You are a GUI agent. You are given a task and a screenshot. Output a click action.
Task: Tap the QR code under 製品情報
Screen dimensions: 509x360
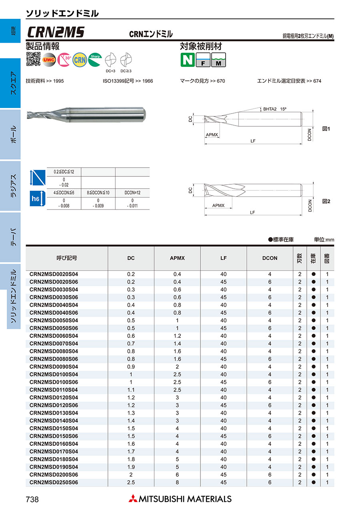33,59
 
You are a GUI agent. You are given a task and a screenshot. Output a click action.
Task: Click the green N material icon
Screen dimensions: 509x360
187,60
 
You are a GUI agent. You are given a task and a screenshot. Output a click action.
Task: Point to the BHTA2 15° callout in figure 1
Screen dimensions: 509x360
275,109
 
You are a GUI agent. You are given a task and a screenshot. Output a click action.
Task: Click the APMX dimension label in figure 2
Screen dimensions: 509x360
218,205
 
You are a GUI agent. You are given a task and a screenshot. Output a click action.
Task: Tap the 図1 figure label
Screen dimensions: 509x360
326,129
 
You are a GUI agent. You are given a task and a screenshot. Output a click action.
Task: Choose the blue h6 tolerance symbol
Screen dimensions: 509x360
36,199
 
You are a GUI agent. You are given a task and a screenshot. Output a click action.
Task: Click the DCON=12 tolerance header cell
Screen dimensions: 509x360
132,193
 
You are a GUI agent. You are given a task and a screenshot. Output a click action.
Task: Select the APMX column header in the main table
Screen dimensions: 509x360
177,258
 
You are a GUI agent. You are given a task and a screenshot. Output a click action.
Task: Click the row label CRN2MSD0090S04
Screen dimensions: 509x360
54,367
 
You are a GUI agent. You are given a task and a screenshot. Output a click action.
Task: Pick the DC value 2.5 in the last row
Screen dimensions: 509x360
131,483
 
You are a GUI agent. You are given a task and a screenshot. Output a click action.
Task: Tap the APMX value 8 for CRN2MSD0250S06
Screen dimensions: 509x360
177,483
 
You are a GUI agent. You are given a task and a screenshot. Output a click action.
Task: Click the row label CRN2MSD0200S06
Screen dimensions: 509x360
54,475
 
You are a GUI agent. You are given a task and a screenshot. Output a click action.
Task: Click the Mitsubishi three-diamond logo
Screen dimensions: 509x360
132,499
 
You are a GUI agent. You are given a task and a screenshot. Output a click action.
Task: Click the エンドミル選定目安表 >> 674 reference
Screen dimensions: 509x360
289,81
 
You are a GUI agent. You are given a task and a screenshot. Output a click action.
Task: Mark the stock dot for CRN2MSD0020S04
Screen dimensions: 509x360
314,274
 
